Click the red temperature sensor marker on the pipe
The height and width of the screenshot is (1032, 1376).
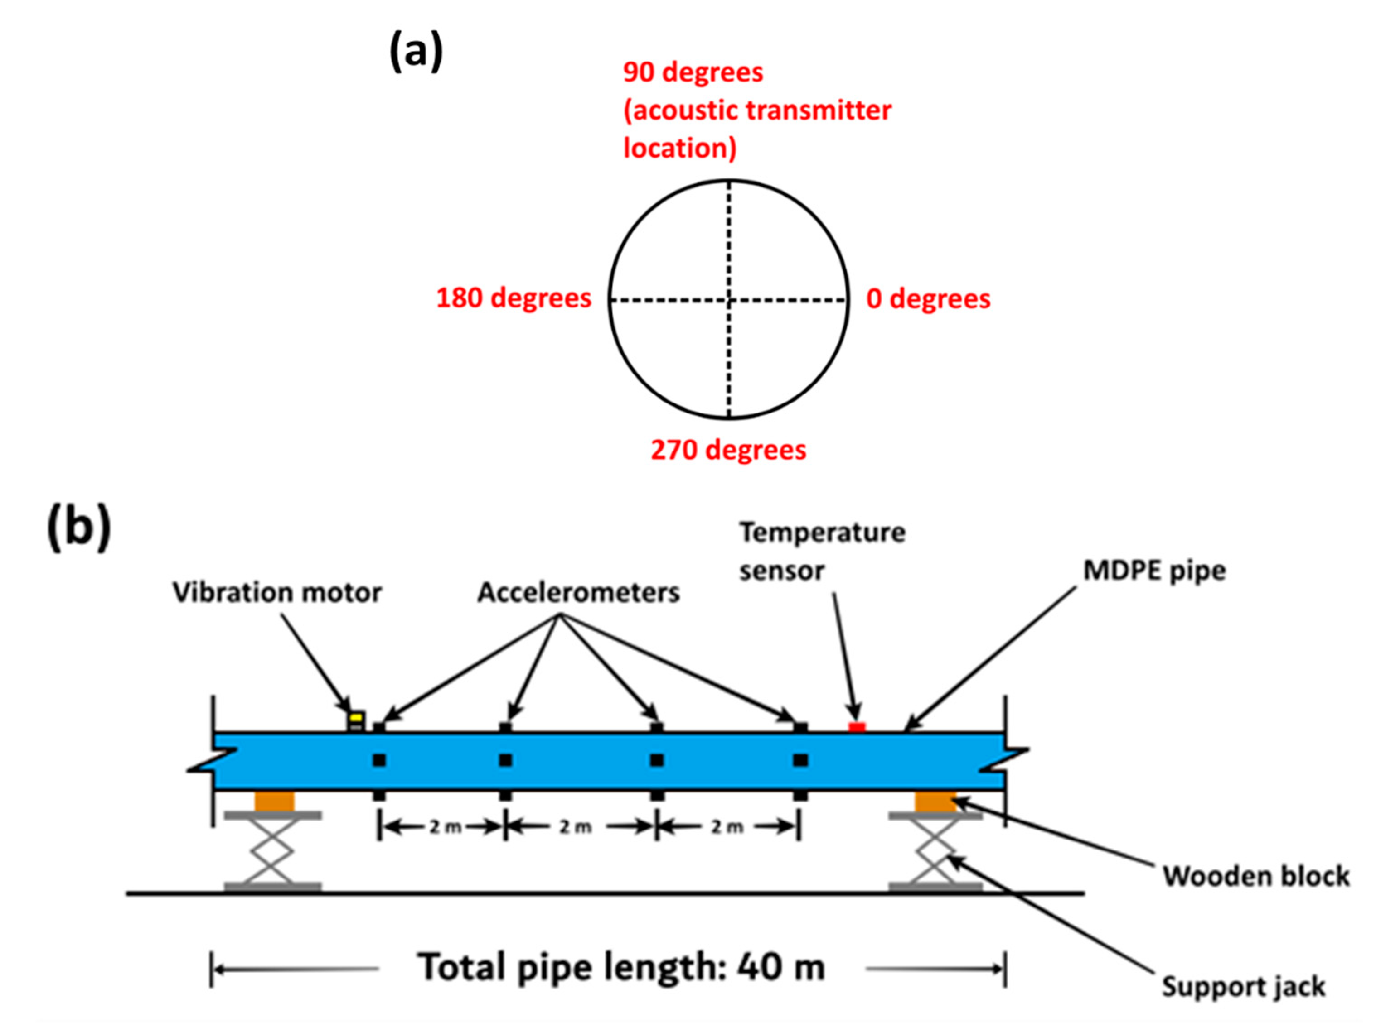[857, 727]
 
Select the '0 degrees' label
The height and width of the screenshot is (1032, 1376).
[927, 299]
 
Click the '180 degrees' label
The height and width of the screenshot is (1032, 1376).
[513, 298]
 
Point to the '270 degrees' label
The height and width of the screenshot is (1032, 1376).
[728, 450]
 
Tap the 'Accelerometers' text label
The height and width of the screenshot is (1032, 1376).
[578, 592]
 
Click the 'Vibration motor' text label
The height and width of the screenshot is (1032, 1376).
[277, 592]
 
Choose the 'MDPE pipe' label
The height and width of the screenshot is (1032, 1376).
[1154, 570]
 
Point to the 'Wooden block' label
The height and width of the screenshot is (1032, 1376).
[1256, 876]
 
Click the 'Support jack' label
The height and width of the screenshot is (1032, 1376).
[1243, 987]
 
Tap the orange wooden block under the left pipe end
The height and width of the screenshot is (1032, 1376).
[274, 802]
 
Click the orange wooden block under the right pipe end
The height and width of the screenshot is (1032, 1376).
[935, 802]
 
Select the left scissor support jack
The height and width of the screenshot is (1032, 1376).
[273, 850]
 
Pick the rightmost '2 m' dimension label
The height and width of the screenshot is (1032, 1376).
[727, 827]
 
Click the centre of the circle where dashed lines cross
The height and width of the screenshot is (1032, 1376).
[729, 300]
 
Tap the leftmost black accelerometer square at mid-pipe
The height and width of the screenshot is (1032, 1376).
[379, 760]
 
